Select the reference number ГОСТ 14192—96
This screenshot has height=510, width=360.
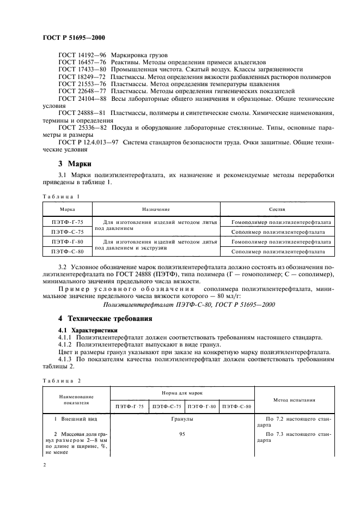tap(82, 56)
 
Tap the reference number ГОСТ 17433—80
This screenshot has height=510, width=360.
tap(82, 70)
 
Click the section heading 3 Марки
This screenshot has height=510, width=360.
tap(75, 164)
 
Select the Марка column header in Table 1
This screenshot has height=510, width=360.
tap(67, 209)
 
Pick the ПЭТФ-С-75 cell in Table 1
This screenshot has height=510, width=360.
tap(67, 232)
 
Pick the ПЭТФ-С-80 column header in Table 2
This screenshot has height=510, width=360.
tap(237, 406)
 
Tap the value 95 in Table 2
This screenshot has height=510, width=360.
tap(183, 434)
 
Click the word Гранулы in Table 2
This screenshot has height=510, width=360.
tap(183, 420)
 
